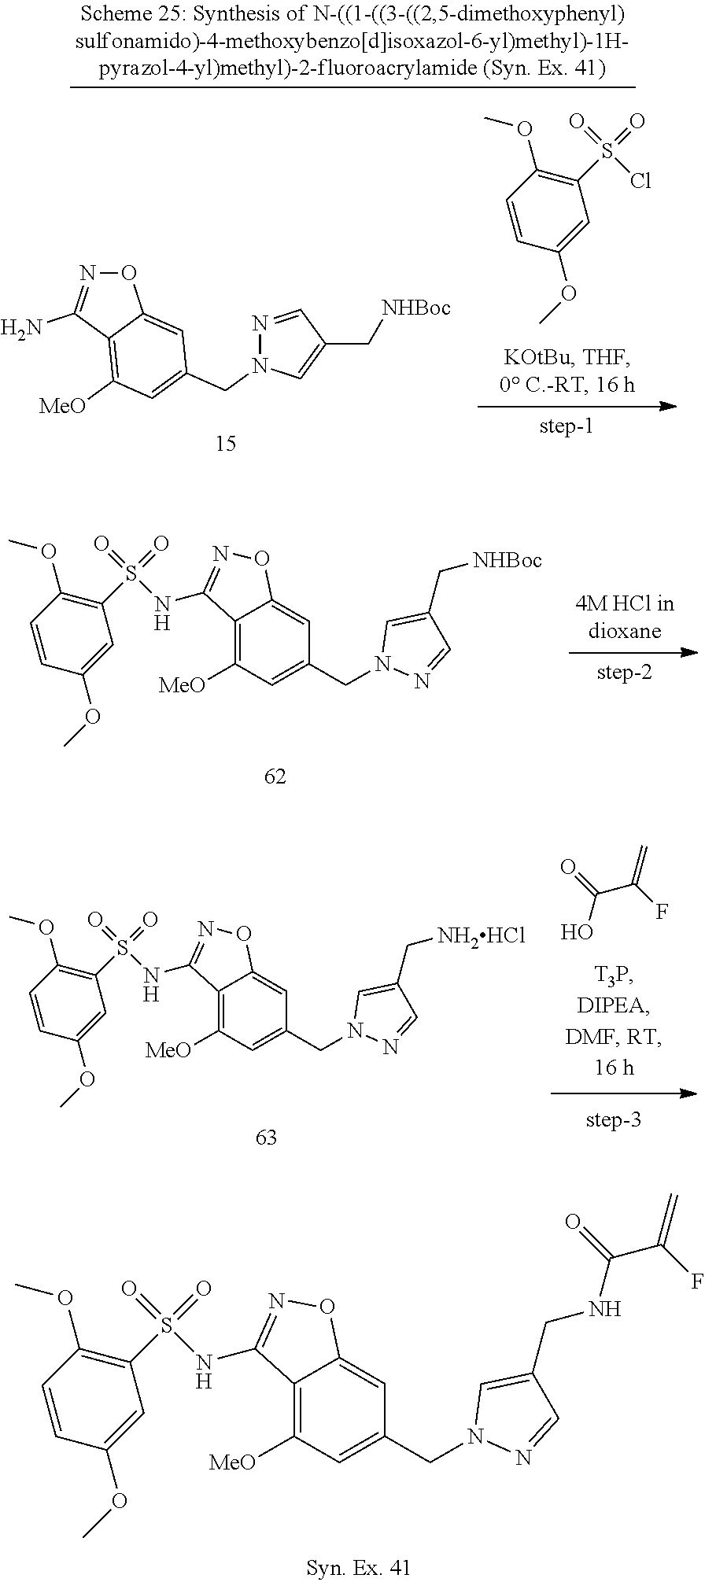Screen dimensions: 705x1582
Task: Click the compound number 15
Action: coord(226,444)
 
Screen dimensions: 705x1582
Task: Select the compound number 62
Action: coord(275,777)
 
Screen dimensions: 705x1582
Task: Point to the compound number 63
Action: coord(266,1137)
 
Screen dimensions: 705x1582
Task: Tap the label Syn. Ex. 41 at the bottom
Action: coord(358,1568)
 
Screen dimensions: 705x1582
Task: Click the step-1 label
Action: coord(567,427)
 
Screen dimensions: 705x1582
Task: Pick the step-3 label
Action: coord(614,1119)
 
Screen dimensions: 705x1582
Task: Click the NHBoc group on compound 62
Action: coord(507,560)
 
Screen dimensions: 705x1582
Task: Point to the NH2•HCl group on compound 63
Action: coord(481,936)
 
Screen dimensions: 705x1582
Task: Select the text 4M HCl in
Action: coord(624,604)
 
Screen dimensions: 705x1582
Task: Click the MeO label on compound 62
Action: coord(182,685)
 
